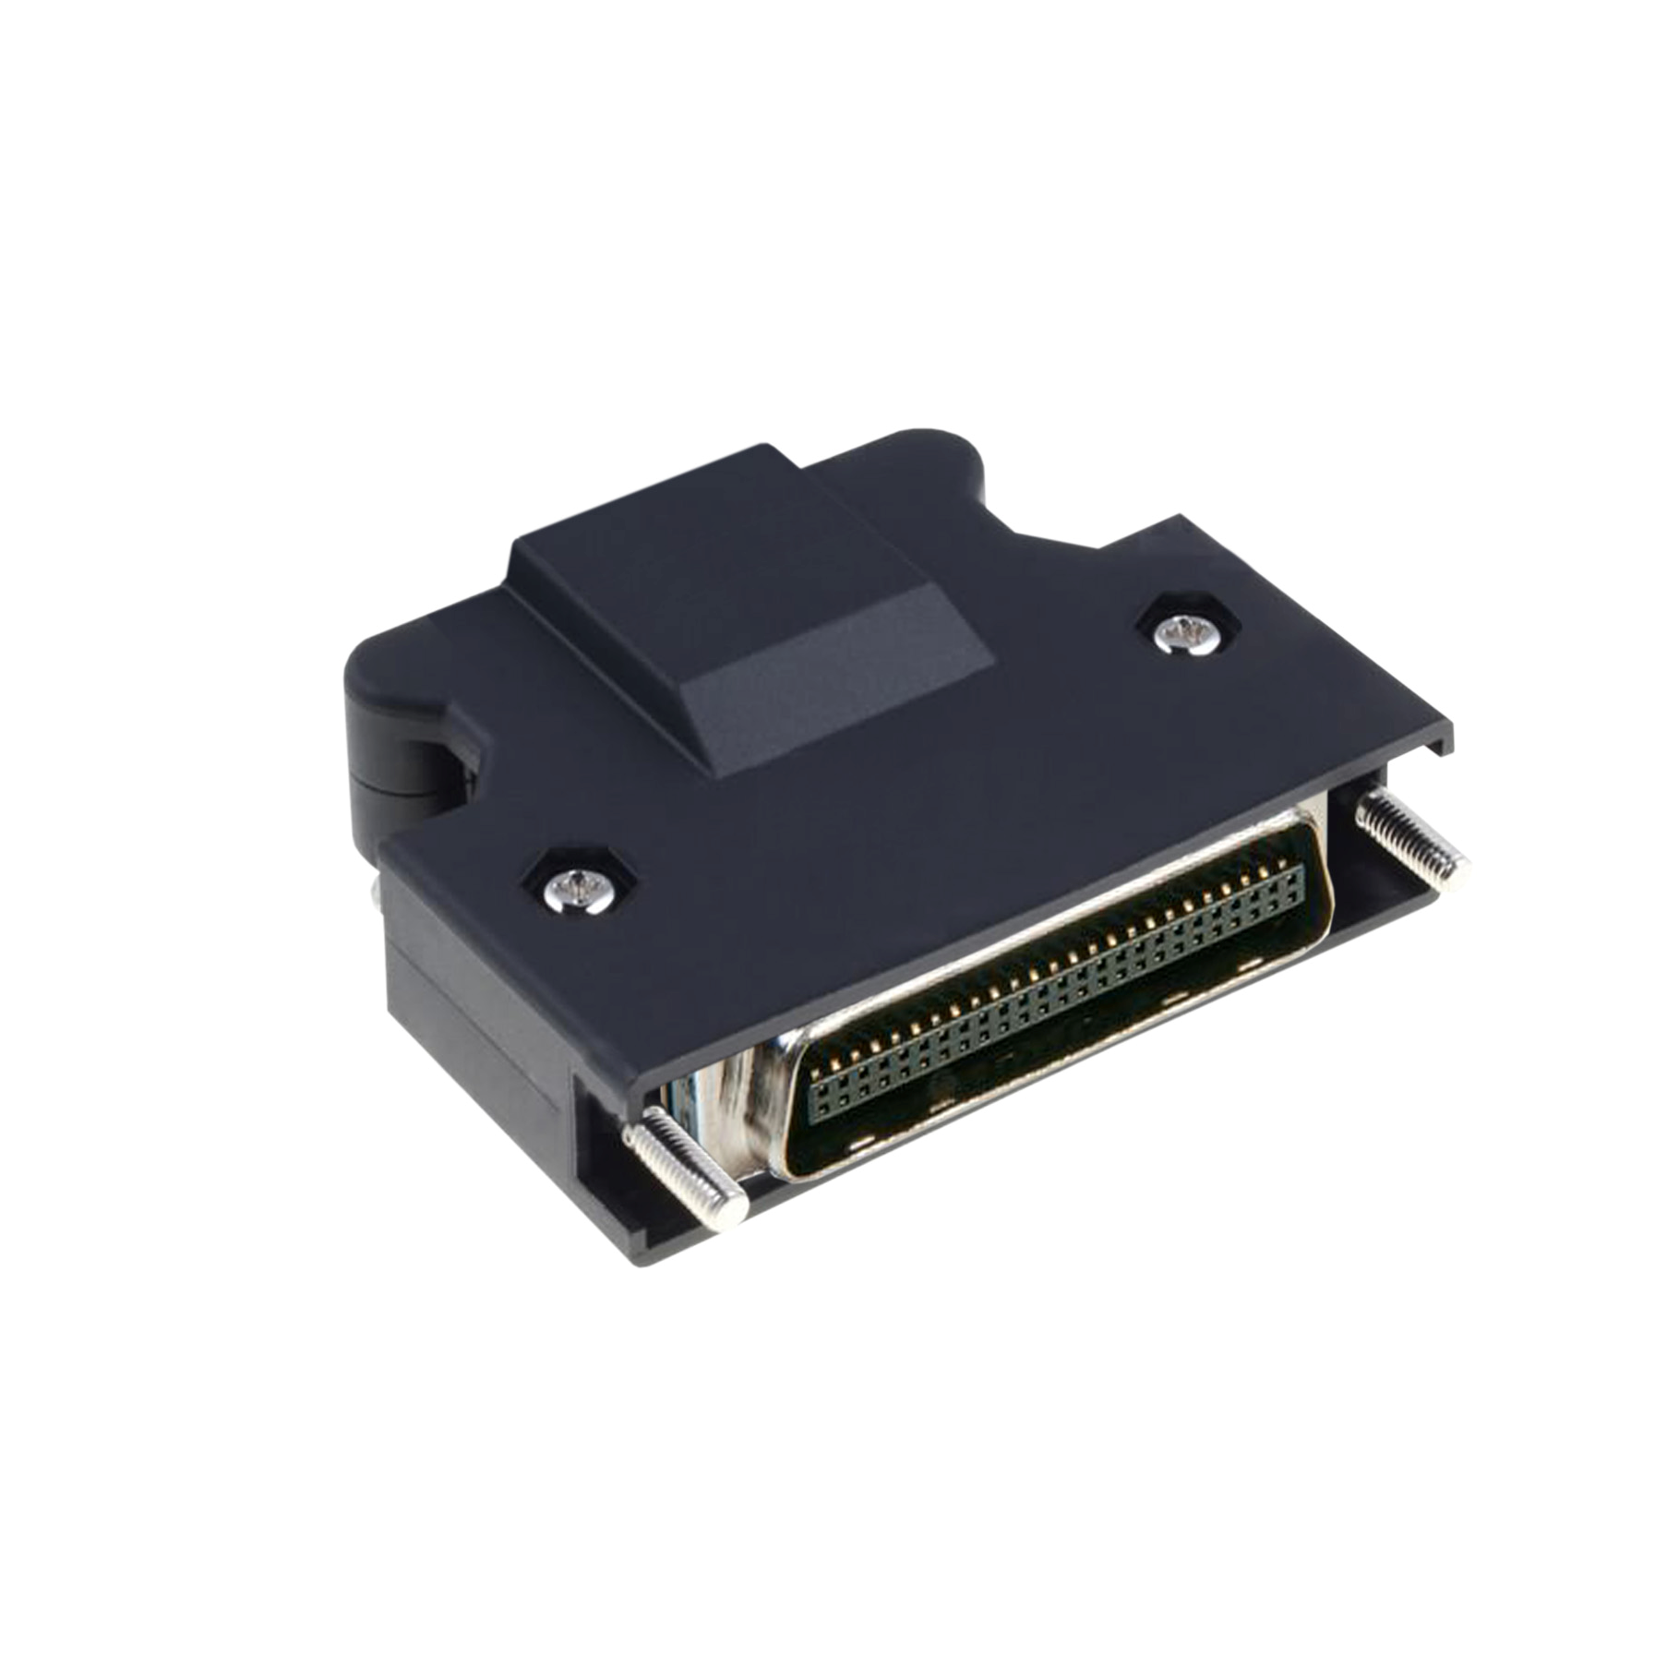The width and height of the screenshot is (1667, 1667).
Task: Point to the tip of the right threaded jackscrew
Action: pos(1457,868)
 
